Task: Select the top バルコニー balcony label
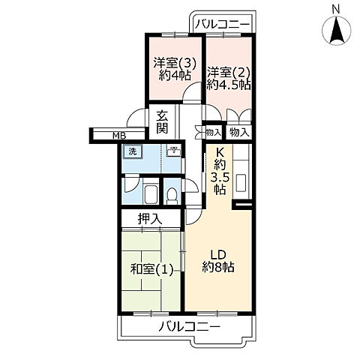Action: point(222,24)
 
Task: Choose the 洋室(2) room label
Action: point(229,73)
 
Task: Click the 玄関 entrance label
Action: point(163,122)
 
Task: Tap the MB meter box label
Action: point(118,135)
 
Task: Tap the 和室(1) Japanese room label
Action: point(152,269)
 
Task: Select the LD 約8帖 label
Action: point(219,260)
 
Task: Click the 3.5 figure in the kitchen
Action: point(219,178)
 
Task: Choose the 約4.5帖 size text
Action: point(229,85)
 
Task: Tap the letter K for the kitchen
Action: point(220,151)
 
